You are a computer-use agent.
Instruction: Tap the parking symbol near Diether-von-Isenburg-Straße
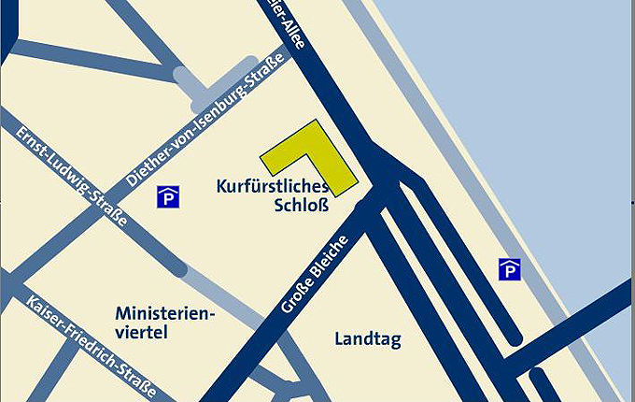(169, 197)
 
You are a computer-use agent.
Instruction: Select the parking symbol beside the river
(509, 269)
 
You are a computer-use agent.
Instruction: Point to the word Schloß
(302, 206)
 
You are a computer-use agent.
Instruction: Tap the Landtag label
(367, 338)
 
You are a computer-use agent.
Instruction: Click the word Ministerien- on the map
(164, 312)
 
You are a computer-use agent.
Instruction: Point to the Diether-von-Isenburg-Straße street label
(195, 124)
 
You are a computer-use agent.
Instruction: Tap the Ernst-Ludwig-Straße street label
(72, 176)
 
